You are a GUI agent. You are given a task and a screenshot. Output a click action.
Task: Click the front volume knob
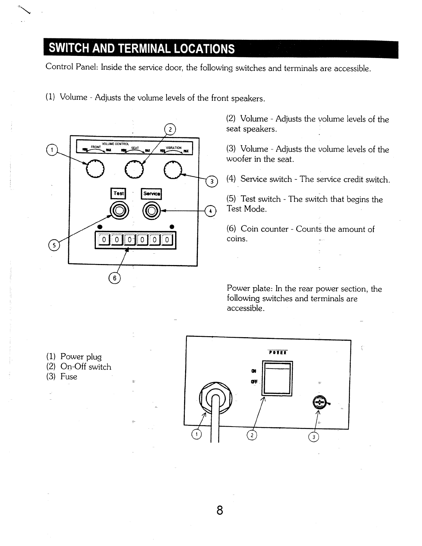(94, 169)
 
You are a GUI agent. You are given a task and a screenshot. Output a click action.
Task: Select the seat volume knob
(133, 169)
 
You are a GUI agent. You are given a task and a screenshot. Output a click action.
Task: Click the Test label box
(118, 194)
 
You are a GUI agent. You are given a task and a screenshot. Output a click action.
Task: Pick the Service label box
(151, 194)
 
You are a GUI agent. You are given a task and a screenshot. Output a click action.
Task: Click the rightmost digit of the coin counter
(167, 240)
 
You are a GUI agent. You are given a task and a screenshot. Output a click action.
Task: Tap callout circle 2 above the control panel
(170, 129)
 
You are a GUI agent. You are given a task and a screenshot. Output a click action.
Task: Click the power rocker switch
(278, 378)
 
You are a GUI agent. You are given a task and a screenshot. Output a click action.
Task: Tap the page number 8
(220, 510)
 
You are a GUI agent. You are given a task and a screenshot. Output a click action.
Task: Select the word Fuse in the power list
(69, 377)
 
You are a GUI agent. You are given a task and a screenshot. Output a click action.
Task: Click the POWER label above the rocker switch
(278, 352)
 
